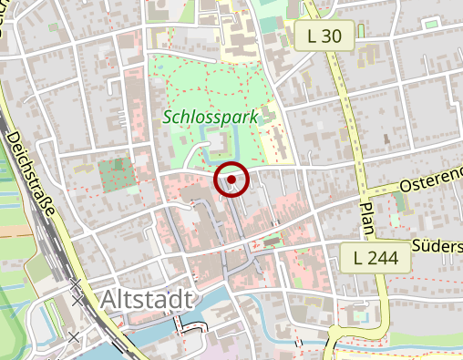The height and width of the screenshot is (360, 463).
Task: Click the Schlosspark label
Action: coord(211,117)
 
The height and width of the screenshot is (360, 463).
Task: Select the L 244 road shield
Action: coord(376,258)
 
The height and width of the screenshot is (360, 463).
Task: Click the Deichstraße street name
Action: coord(31,172)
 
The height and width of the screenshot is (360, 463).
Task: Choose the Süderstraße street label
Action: coord(437,246)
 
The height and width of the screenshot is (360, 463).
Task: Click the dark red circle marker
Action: coord(231,180)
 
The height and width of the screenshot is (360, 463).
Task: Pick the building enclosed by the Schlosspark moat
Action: coord(219,144)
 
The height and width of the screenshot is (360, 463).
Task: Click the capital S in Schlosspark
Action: coord(170,117)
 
